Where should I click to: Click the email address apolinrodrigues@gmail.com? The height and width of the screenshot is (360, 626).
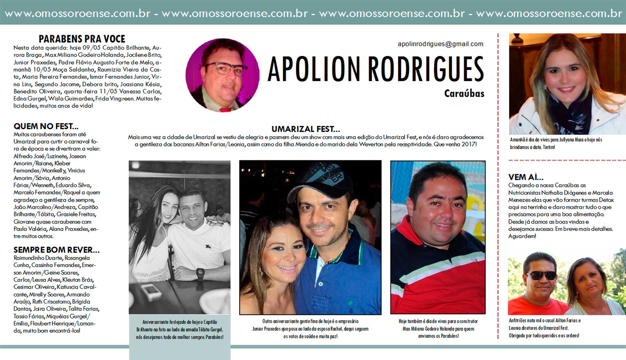point(440,44)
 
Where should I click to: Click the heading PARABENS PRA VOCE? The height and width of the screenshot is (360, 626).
point(82,39)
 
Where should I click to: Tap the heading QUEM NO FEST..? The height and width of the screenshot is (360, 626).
point(46,126)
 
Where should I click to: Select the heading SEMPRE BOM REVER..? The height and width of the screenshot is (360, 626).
point(56,250)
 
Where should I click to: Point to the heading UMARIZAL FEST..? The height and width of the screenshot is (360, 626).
point(305,129)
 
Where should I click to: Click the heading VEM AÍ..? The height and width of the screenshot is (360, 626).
point(525,177)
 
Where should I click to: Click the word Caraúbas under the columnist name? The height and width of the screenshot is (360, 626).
point(464,94)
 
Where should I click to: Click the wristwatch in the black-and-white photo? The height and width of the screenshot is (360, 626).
point(200,274)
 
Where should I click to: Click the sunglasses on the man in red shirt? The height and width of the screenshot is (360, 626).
point(541,276)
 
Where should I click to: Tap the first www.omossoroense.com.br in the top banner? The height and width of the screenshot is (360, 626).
point(77,14)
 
